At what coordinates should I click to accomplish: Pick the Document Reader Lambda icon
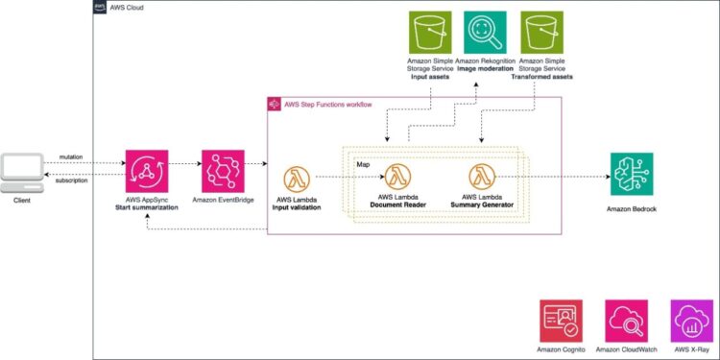point(397,176)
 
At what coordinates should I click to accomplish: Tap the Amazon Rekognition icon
point(486,34)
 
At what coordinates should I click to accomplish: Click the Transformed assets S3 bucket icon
point(541,34)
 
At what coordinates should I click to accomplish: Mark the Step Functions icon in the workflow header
point(275,103)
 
